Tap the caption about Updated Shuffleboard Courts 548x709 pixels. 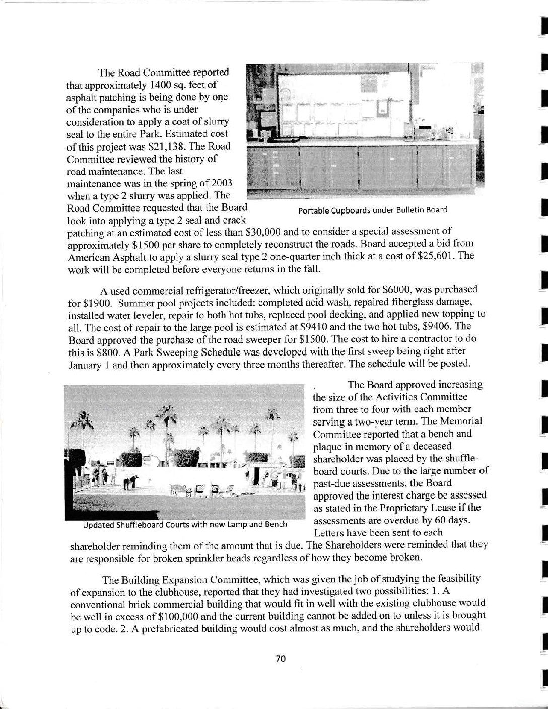(185, 524)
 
